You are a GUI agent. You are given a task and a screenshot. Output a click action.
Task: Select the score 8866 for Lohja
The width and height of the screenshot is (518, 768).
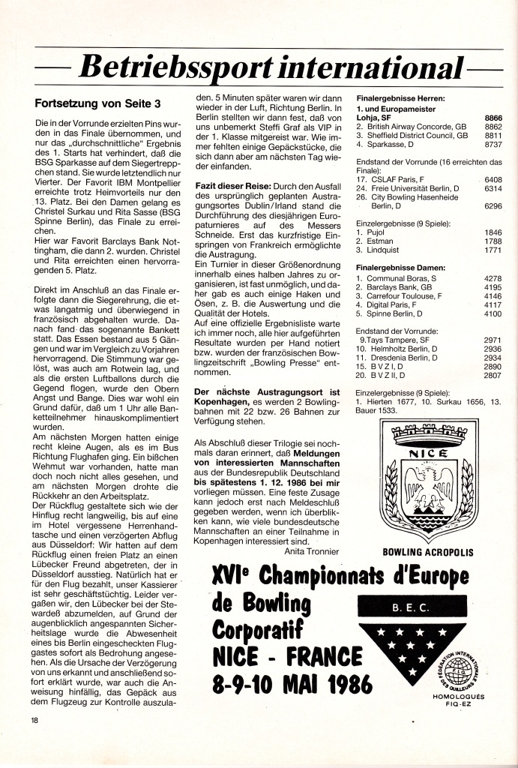[x=493, y=118]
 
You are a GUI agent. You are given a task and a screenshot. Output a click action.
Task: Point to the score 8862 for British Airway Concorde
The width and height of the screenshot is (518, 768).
[x=493, y=127]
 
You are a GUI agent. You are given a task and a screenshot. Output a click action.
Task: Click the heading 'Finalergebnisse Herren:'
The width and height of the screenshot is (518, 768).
[x=401, y=99]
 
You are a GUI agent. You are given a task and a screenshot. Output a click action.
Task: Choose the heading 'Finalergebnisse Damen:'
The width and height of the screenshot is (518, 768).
[x=400, y=266]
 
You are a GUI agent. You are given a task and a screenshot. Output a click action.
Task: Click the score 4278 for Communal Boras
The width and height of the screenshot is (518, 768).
[x=493, y=278]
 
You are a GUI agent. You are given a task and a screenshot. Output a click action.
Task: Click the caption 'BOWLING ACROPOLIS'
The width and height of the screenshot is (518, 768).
[x=428, y=552]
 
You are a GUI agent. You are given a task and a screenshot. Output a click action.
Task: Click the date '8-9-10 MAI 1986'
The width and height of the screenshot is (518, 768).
[x=288, y=683]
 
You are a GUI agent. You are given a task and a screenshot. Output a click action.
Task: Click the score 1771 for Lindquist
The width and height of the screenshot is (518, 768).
[x=493, y=250]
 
